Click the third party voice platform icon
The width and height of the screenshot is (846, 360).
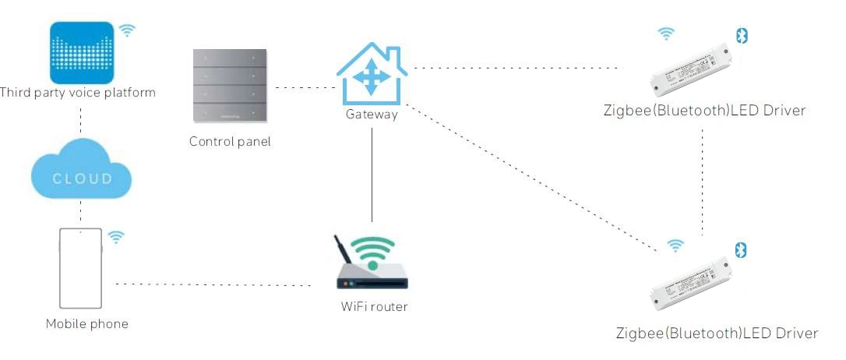point(83,52)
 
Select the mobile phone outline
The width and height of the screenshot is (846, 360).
point(80,268)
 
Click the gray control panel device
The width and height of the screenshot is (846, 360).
point(229,86)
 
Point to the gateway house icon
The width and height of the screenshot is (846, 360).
point(371,73)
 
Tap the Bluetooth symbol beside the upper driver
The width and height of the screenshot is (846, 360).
point(742,35)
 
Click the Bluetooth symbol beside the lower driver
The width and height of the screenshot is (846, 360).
point(742,249)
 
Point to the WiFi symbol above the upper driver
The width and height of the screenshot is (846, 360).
point(665,34)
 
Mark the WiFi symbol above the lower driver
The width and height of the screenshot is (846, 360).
point(675,245)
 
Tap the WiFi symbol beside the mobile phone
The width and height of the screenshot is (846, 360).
point(115,237)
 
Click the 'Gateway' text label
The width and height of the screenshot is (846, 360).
point(372,115)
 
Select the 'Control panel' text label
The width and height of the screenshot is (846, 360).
point(230,142)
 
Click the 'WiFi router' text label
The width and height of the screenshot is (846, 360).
point(374,306)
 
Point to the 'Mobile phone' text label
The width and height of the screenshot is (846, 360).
point(86,323)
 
